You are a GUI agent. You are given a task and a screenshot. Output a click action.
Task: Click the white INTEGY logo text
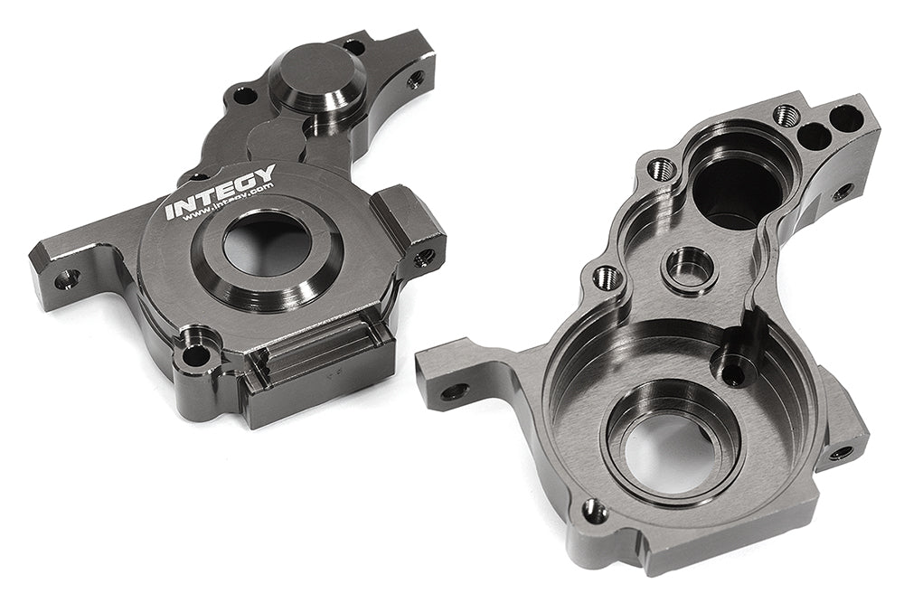click(220, 192)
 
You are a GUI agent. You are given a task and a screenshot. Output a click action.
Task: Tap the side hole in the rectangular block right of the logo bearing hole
click(426, 252)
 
